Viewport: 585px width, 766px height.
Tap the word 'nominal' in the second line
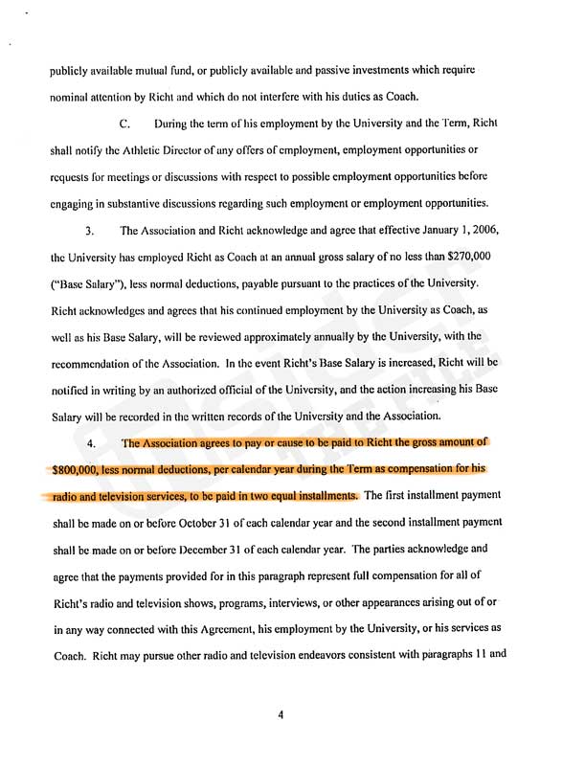pos(70,97)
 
